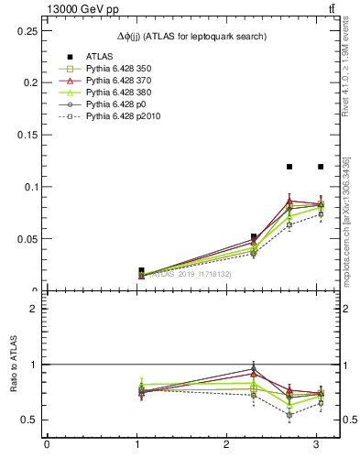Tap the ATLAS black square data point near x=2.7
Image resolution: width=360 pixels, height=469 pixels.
click(289, 167)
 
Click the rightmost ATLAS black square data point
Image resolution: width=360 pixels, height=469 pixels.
click(321, 167)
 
